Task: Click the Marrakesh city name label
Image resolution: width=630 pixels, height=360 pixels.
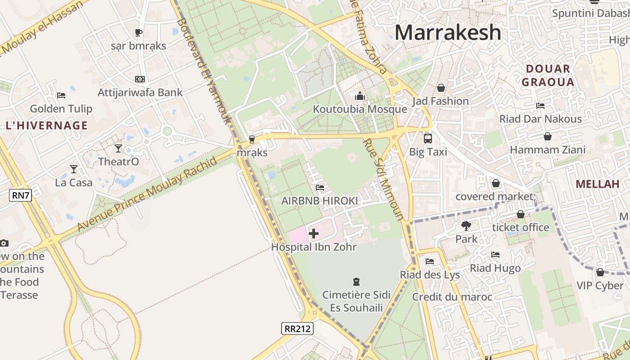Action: [x=448, y=32]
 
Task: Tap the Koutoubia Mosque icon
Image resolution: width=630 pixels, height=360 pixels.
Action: [x=360, y=96]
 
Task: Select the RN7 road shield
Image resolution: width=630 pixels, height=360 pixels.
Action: [x=20, y=195]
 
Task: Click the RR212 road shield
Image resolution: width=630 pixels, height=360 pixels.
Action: [x=297, y=328]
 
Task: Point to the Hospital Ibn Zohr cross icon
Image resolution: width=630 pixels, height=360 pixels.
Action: [x=314, y=234]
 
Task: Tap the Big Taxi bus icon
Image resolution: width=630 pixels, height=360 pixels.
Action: [x=427, y=139]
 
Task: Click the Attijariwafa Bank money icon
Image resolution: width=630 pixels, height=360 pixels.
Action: [x=140, y=79]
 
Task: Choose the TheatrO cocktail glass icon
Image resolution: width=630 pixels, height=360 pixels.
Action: [x=118, y=148]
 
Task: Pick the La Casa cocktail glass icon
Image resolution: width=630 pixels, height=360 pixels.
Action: [x=74, y=169]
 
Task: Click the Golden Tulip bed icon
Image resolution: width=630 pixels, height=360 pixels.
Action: [x=61, y=95]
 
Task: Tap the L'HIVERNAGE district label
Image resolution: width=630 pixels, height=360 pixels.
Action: [x=47, y=126]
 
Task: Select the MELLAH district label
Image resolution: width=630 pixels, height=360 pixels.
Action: [x=598, y=184]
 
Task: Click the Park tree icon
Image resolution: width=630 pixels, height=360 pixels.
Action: [x=466, y=225]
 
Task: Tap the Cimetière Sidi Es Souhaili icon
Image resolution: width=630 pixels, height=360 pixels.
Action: [x=356, y=282]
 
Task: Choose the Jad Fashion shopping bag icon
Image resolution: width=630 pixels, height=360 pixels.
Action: [x=441, y=88]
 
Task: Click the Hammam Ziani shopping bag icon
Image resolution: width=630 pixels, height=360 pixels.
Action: [x=548, y=136]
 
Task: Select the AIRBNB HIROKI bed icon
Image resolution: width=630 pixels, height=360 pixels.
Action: [x=320, y=187]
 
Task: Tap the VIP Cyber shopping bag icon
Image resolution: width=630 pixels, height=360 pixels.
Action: [x=600, y=272]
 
